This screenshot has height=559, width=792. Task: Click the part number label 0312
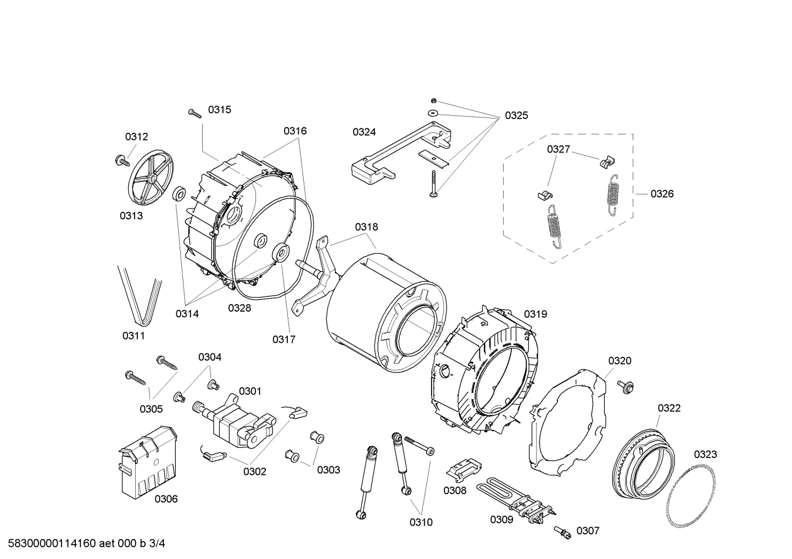pos(136,137)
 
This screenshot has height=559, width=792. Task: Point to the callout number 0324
pos(364,132)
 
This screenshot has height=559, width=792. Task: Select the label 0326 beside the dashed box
pos(662,194)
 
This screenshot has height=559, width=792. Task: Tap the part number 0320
pos(620,360)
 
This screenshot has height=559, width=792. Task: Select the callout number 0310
pos(421,522)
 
